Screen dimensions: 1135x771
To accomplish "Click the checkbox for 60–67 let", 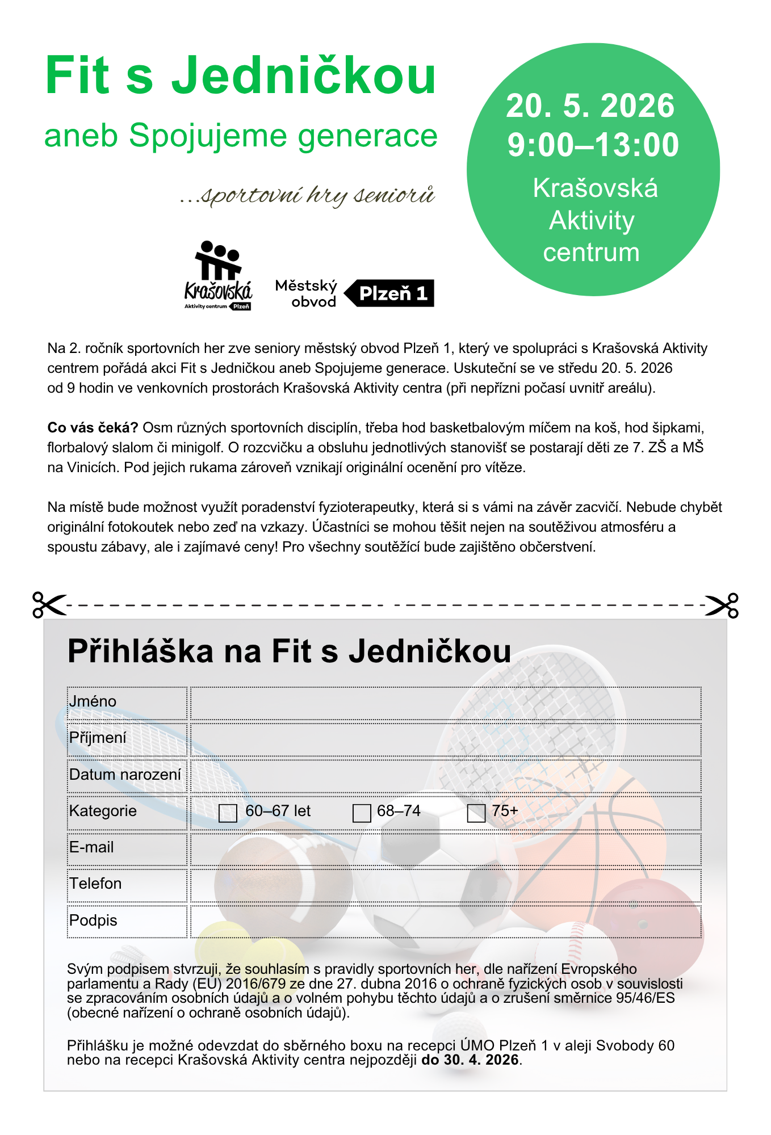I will click(x=228, y=813).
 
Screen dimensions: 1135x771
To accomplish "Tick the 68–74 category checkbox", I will click(x=362, y=813).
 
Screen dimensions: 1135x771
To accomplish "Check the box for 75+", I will click(x=476, y=813).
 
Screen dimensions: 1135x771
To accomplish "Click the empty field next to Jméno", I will click(x=446, y=703).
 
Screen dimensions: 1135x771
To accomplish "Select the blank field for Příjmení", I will click(x=446, y=739).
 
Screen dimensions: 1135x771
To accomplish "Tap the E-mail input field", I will click(x=446, y=849).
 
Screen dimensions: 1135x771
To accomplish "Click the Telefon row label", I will click(x=95, y=884).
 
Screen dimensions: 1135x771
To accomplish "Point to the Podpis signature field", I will click(x=446, y=921).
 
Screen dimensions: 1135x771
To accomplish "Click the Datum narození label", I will click(x=125, y=775).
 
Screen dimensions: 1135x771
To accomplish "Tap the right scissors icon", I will click(x=722, y=605).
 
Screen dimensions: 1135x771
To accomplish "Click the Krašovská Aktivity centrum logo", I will click(x=218, y=276).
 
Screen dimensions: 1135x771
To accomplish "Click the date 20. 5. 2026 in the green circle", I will click(x=590, y=106).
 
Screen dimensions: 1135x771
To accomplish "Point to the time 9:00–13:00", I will click(x=593, y=145).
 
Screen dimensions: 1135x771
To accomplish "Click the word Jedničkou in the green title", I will click(x=304, y=75).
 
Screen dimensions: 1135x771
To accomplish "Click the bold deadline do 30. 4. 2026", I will click(x=471, y=1060).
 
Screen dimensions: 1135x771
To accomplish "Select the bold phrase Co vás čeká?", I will click(x=93, y=427).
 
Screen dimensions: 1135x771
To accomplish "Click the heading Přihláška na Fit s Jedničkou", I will click(x=289, y=651).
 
